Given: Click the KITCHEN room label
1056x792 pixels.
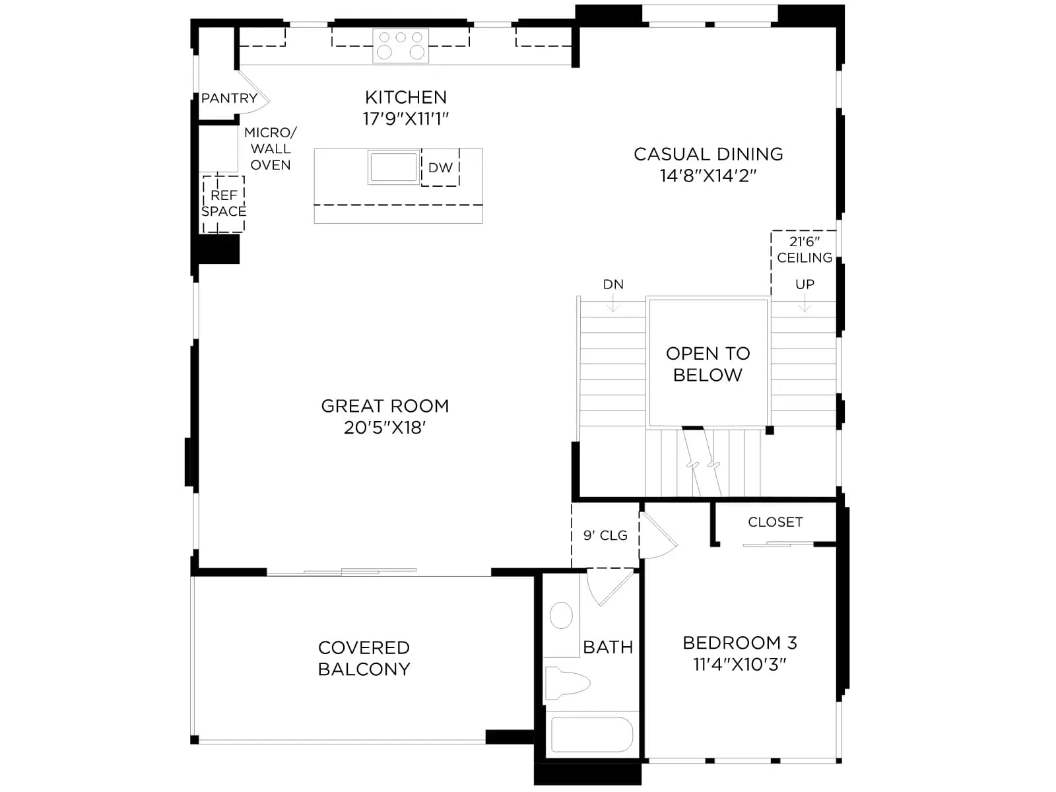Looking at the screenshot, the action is pyautogui.click(x=405, y=98).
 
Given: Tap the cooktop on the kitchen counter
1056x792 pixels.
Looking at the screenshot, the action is pyautogui.click(x=400, y=45).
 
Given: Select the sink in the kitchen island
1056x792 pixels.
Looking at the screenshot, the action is pyautogui.click(x=393, y=167).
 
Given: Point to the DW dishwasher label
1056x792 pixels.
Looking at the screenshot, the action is pyautogui.click(x=440, y=168).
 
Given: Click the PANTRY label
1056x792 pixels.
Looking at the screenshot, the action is pyautogui.click(x=229, y=98).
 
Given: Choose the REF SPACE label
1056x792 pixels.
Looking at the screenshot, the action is pyautogui.click(x=224, y=203).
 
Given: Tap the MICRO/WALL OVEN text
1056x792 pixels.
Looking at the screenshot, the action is pyautogui.click(x=271, y=148).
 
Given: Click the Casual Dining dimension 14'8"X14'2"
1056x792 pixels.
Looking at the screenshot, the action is pyautogui.click(x=708, y=176).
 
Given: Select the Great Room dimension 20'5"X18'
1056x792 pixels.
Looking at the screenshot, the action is pyautogui.click(x=385, y=428).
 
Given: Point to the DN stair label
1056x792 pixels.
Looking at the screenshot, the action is pyautogui.click(x=613, y=284).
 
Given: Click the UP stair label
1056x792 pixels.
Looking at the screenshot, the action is pyautogui.click(x=805, y=284).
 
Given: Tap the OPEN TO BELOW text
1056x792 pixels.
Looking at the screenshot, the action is pyautogui.click(x=708, y=364).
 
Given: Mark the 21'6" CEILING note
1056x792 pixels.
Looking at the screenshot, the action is pyautogui.click(x=805, y=249).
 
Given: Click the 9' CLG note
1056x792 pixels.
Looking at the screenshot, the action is pyautogui.click(x=605, y=535).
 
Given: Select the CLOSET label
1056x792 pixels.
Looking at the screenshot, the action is pyautogui.click(x=775, y=522).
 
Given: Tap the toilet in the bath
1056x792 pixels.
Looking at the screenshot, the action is pyautogui.click(x=567, y=683).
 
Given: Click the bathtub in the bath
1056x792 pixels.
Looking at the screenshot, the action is pyautogui.click(x=592, y=735).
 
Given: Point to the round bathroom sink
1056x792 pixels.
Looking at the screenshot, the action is pyautogui.click(x=561, y=615).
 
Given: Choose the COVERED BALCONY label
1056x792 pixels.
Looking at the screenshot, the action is pyautogui.click(x=364, y=658).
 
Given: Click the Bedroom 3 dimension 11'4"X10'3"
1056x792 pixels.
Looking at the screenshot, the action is pyautogui.click(x=739, y=665).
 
